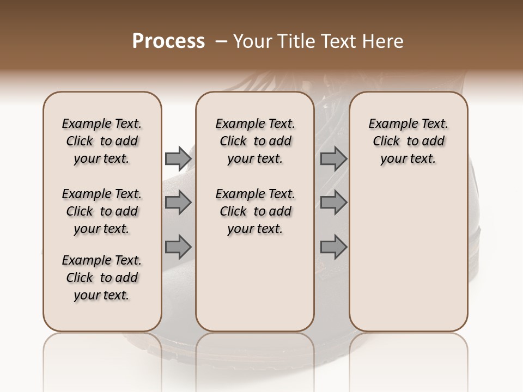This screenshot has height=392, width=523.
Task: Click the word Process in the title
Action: [168, 41]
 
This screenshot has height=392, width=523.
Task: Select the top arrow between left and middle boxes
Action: [178, 159]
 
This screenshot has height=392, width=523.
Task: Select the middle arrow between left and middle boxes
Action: [178, 203]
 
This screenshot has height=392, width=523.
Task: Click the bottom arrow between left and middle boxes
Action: [178, 247]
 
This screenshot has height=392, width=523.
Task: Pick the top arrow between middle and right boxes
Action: [333, 159]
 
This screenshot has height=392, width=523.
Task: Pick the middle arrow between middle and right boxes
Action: [333, 203]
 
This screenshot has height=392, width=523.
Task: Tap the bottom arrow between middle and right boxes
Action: [333, 247]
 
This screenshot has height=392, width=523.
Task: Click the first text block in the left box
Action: [102, 141]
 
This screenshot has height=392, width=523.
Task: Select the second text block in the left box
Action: [102, 211]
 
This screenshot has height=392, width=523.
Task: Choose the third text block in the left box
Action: [102, 278]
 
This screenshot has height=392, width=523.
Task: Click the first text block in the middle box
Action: [255, 141]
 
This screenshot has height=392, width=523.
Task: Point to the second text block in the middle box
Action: [255, 211]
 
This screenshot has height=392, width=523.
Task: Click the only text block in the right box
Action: [408, 141]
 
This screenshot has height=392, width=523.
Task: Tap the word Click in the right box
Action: [386, 141]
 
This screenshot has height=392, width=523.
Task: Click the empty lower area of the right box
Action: [408, 261]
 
